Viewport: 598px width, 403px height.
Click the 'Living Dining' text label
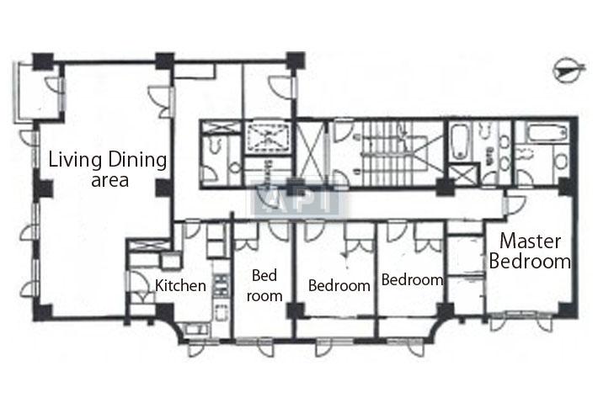pyautogui.click(x=106, y=160)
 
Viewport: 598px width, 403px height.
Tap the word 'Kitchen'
pyautogui.click(x=180, y=285)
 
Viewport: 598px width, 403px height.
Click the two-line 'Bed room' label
pyautogui.click(x=264, y=285)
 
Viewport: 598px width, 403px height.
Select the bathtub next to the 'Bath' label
pyautogui.click(x=460, y=144)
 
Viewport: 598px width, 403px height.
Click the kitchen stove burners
pyautogui.click(x=222, y=285)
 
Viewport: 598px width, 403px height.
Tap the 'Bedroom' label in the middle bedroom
pyautogui.click(x=339, y=285)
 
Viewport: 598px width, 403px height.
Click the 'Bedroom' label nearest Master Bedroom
pyautogui.click(x=412, y=280)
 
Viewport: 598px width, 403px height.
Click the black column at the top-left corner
pyautogui.click(x=42, y=61)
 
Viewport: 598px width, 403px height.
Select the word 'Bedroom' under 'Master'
pyautogui.click(x=530, y=261)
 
